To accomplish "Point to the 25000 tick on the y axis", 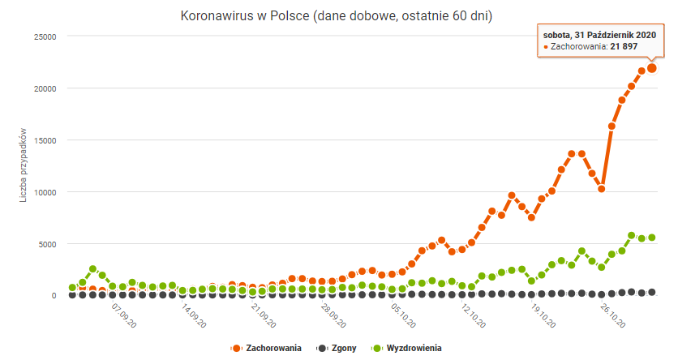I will point(43,36).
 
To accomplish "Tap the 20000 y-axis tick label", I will point(43,88).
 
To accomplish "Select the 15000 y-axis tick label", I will point(43,140).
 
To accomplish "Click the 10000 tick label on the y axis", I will point(43,192).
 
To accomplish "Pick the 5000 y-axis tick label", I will point(45,244).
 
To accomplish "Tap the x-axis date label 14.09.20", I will point(191,315).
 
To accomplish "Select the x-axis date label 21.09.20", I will point(261,315).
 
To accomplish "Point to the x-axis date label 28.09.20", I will point(332,315).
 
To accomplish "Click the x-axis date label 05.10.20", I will point(401,315).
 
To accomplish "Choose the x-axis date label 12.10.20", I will point(472,315).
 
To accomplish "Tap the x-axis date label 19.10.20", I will point(542,315).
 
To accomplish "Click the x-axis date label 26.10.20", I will point(612,315).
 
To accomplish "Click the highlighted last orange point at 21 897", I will point(651,68).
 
